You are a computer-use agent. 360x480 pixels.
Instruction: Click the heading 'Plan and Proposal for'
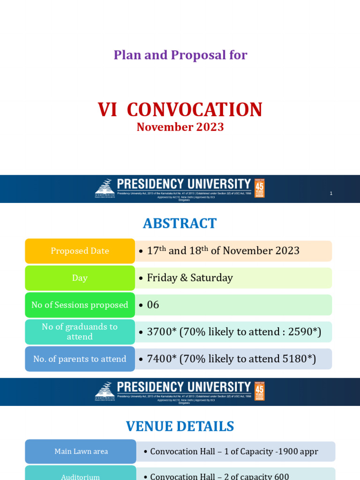180,55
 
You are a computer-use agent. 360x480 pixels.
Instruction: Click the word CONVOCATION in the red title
195,110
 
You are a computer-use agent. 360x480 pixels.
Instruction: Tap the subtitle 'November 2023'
180,127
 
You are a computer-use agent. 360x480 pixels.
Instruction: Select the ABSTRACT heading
180,224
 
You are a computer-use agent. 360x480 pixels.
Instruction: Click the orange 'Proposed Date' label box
80,251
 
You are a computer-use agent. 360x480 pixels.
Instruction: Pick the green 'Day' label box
80,278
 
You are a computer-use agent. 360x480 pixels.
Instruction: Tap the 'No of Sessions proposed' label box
80,305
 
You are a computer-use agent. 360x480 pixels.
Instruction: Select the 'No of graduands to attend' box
80,332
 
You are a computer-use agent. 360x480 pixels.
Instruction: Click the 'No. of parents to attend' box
80,359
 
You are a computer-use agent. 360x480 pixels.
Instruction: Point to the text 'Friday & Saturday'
190,278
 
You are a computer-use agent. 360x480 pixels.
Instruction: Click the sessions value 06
153,305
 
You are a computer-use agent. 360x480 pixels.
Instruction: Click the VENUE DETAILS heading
180,427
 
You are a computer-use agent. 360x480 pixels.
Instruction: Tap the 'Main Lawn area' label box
81,451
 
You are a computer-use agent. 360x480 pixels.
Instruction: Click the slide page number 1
331,193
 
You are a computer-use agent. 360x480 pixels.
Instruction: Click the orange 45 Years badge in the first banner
259,188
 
